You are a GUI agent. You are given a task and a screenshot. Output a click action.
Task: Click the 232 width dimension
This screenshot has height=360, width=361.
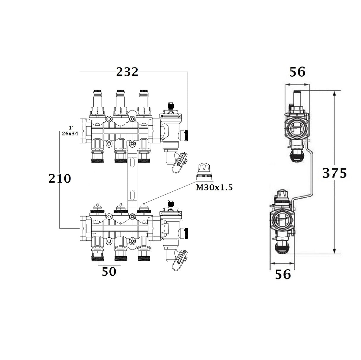pos(127,72)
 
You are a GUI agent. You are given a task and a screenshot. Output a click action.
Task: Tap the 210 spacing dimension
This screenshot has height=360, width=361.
pos(60,179)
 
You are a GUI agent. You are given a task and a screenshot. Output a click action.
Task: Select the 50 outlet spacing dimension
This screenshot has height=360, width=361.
pos(109,271)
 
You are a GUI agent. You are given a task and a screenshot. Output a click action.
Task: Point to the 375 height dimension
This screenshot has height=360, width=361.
pos(335,173)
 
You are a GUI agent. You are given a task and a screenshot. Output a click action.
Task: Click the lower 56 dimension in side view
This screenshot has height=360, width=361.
pos(283,274)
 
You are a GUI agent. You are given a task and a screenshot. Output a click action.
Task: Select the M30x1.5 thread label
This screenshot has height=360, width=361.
pos(214,187)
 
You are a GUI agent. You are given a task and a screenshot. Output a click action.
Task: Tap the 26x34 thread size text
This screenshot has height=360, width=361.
pos(70,134)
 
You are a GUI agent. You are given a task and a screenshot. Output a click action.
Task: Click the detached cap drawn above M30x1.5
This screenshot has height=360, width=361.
pos(204,172)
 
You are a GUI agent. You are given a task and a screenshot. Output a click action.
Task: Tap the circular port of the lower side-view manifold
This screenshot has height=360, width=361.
pos(282,221)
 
